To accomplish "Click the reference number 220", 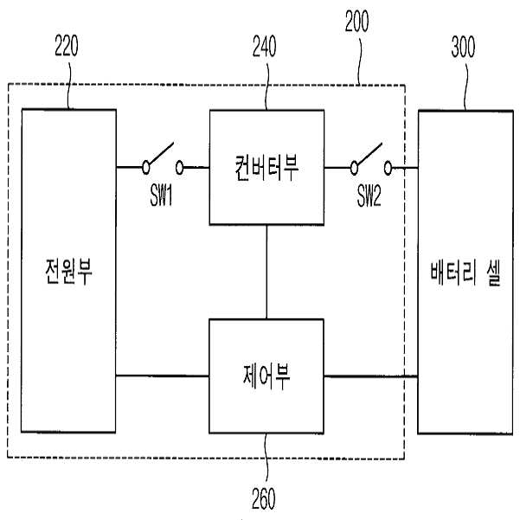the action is (x=67, y=46).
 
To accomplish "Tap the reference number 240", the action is (x=264, y=46).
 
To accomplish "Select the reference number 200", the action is (x=356, y=21).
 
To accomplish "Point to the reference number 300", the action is (x=463, y=47).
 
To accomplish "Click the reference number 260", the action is (x=263, y=498).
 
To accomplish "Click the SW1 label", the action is (x=161, y=195).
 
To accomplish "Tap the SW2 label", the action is (x=369, y=196).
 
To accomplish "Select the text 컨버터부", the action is (x=266, y=168).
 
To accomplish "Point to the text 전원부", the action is (x=68, y=272).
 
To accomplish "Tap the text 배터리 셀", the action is (x=465, y=273).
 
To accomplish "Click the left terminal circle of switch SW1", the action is (x=145, y=168).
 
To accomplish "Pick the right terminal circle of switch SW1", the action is (x=179, y=168).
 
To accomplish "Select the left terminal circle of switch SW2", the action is (x=354, y=168).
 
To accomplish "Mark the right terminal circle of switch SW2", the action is (x=388, y=168).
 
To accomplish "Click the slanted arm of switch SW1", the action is (x=161, y=153).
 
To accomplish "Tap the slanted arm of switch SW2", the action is (x=369, y=154).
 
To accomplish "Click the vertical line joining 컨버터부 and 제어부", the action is (x=266, y=272).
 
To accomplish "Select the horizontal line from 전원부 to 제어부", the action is (x=163, y=376).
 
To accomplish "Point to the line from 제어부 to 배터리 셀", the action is (x=371, y=376).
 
